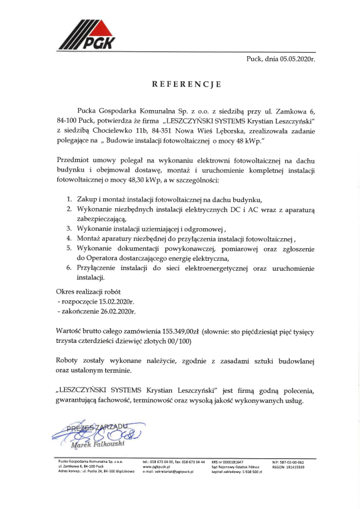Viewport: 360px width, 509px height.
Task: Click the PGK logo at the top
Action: [86, 35]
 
